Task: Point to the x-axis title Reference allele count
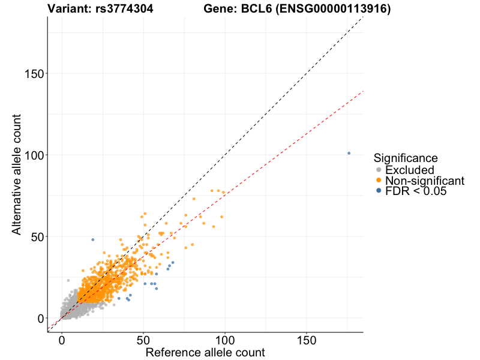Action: [x=205, y=352]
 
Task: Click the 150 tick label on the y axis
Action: [x=32, y=74]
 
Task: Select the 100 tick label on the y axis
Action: [x=32, y=155]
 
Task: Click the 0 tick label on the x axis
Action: [x=62, y=340]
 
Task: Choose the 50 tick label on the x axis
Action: [x=143, y=340]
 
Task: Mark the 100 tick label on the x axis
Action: [x=225, y=340]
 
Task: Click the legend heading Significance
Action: [x=405, y=158]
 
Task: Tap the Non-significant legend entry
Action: [x=424, y=181]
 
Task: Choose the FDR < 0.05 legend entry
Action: [x=416, y=191]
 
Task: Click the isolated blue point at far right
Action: [x=349, y=153]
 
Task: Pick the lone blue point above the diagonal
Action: [x=92, y=239]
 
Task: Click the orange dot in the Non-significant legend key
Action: [x=378, y=181]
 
